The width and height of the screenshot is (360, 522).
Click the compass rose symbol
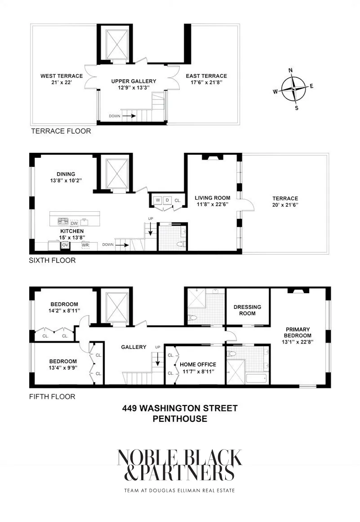pyautogui.click(x=293, y=89)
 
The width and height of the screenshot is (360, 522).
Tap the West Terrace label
pyautogui.click(x=55, y=76)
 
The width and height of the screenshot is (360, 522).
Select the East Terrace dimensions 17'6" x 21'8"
pyautogui.click(x=206, y=82)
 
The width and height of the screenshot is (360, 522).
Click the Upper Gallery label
pyautogui.click(x=134, y=81)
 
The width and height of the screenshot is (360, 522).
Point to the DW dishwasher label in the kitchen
pyautogui.click(x=75, y=223)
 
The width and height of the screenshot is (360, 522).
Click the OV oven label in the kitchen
pyautogui.click(x=65, y=245)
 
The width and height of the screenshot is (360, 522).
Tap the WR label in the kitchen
pyautogui.click(x=85, y=245)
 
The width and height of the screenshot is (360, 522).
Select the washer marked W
pyautogui.click(x=158, y=200)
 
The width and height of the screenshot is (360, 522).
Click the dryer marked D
pyautogui.click(x=167, y=200)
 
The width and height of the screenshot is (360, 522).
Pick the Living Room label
pyautogui.click(x=212, y=197)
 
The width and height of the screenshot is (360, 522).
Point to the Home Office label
pyautogui.click(x=198, y=365)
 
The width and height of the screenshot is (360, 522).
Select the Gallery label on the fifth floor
pyautogui.click(x=133, y=347)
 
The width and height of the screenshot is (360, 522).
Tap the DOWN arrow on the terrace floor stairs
pyautogui.click(x=128, y=116)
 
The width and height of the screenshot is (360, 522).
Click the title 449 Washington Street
pyautogui.click(x=180, y=408)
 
